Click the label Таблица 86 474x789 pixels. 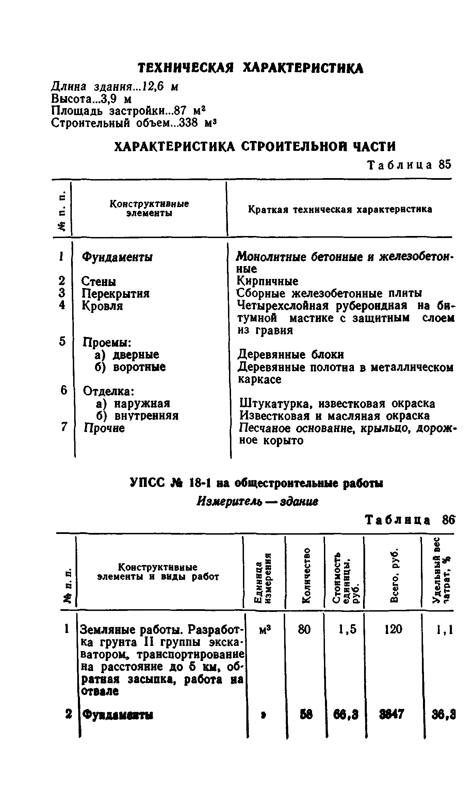pyautogui.click(x=409, y=520)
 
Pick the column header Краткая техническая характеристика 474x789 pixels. pyautogui.click(x=340, y=209)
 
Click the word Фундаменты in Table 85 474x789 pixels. pyautogui.click(x=117, y=257)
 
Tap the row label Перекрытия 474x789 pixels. pyautogui.click(x=116, y=294)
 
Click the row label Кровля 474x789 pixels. pyautogui.click(x=102, y=306)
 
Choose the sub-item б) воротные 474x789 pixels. pyautogui.click(x=130, y=367)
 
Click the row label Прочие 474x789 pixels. pyautogui.click(x=104, y=428)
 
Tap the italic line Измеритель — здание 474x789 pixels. pyautogui.click(x=258, y=501)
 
